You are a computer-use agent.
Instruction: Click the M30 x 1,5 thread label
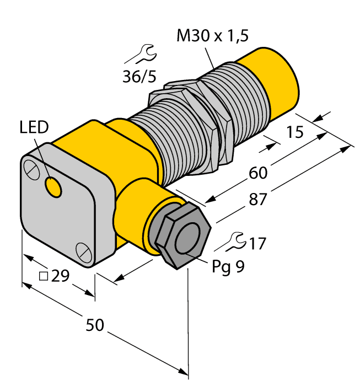click(x=212, y=36)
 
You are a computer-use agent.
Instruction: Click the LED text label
click(x=34, y=128)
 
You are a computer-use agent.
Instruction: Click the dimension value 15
click(x=296, y=132)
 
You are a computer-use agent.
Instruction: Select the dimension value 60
click(x=257, y=173)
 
